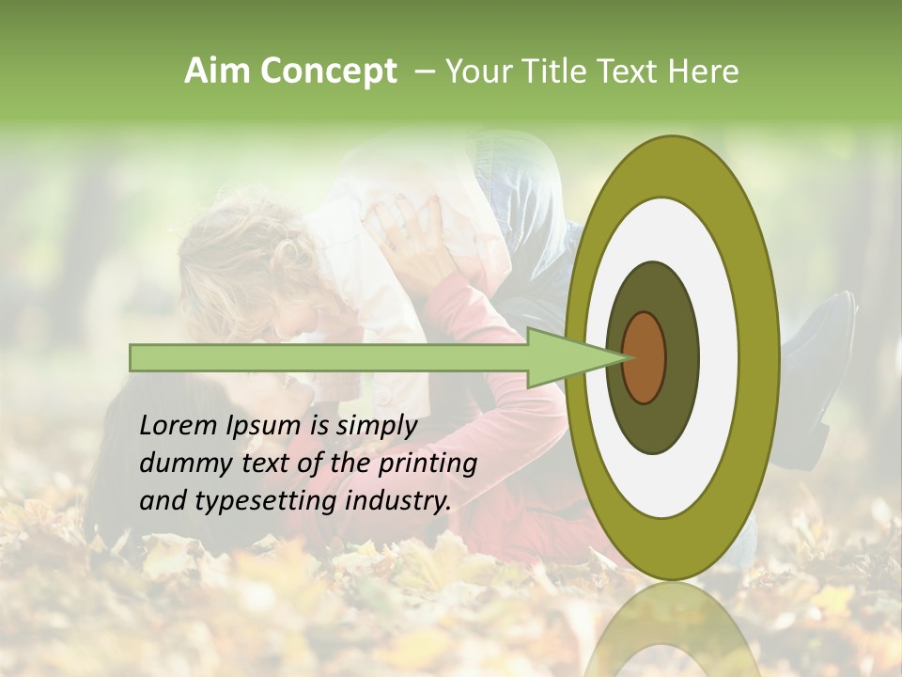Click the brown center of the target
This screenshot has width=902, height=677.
(644, 357)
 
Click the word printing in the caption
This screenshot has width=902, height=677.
(428, 464)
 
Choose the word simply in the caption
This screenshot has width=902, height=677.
(376, 427)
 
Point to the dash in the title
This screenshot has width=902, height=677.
(425, 72)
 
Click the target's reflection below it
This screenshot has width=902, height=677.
(672, 630)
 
